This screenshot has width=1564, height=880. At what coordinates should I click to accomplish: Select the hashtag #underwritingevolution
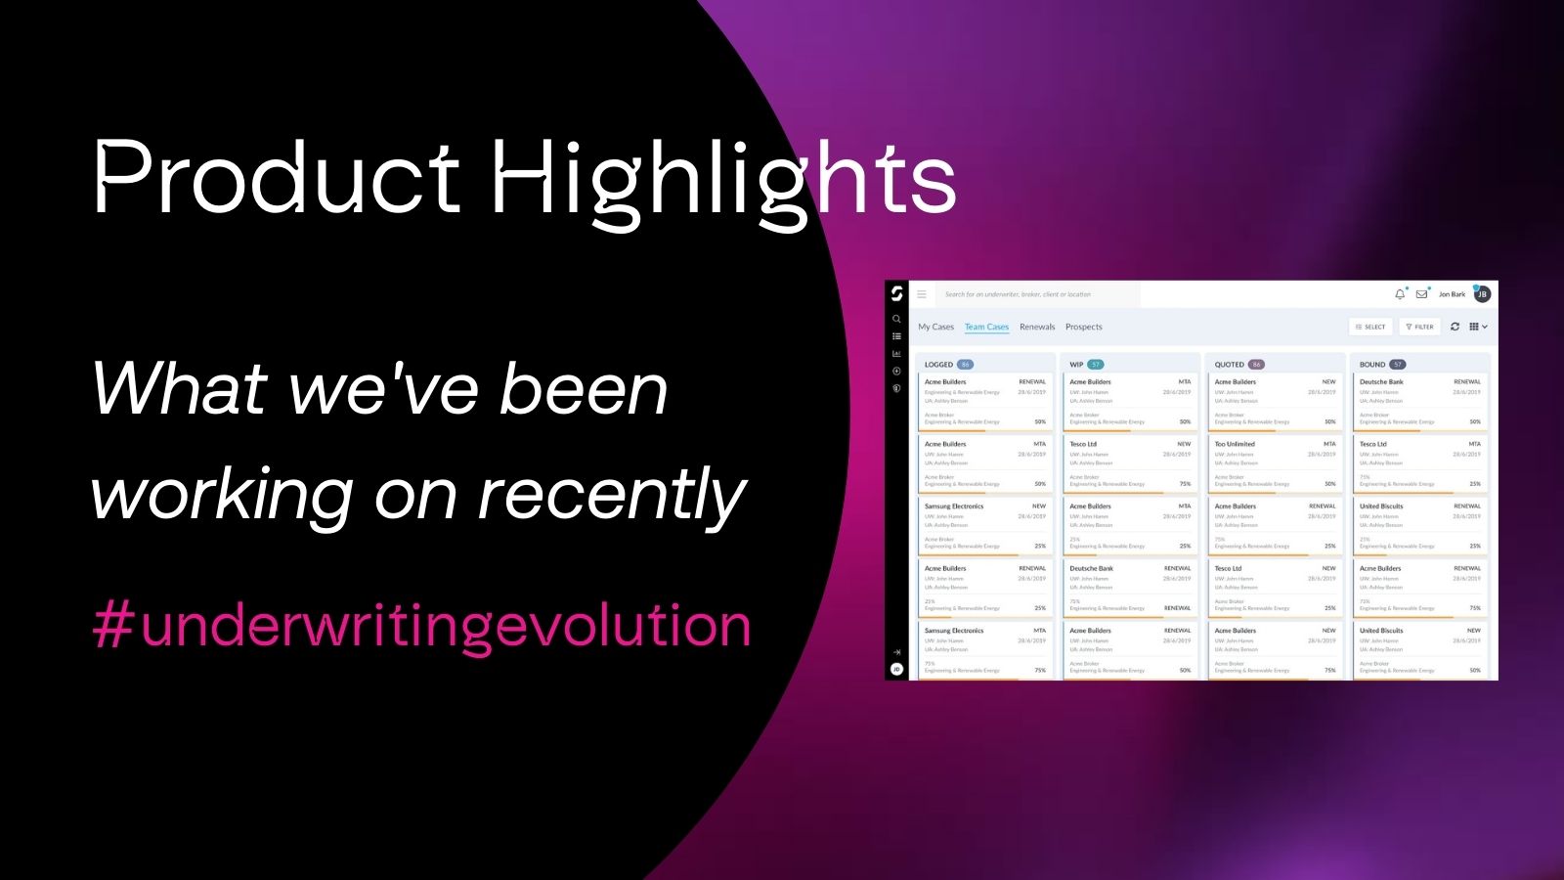[x=421, y=625]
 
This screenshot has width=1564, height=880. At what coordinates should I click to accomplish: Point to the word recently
[x=613, y=496]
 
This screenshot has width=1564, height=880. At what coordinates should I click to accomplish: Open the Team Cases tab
[x=986, y=327]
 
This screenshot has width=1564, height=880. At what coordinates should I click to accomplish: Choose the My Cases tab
[x=935, y=327]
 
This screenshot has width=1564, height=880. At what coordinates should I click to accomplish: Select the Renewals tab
[x=1037, y=327]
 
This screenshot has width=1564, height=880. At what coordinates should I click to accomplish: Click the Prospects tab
[x=1083, y=327]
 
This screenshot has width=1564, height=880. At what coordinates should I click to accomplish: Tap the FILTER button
[x=1419, y=327]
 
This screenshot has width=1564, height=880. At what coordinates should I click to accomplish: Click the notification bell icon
[x=1400, y=293]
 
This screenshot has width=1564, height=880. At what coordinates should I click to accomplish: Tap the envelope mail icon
[x=1421, y=293]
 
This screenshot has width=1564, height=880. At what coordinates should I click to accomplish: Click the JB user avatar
[x=1482, y=293]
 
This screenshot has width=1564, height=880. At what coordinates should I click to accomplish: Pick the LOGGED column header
[x=938, y=364]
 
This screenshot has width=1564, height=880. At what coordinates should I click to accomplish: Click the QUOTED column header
[x=1229, y=364]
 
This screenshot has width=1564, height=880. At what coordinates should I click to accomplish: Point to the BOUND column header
[x=1372, y=364]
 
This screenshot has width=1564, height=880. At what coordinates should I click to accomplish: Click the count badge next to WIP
[x=1096, y=364]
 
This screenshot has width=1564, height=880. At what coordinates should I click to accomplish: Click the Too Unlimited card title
[x=1234, y=444]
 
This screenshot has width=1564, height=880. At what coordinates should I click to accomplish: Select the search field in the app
[x=1036, y=293]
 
